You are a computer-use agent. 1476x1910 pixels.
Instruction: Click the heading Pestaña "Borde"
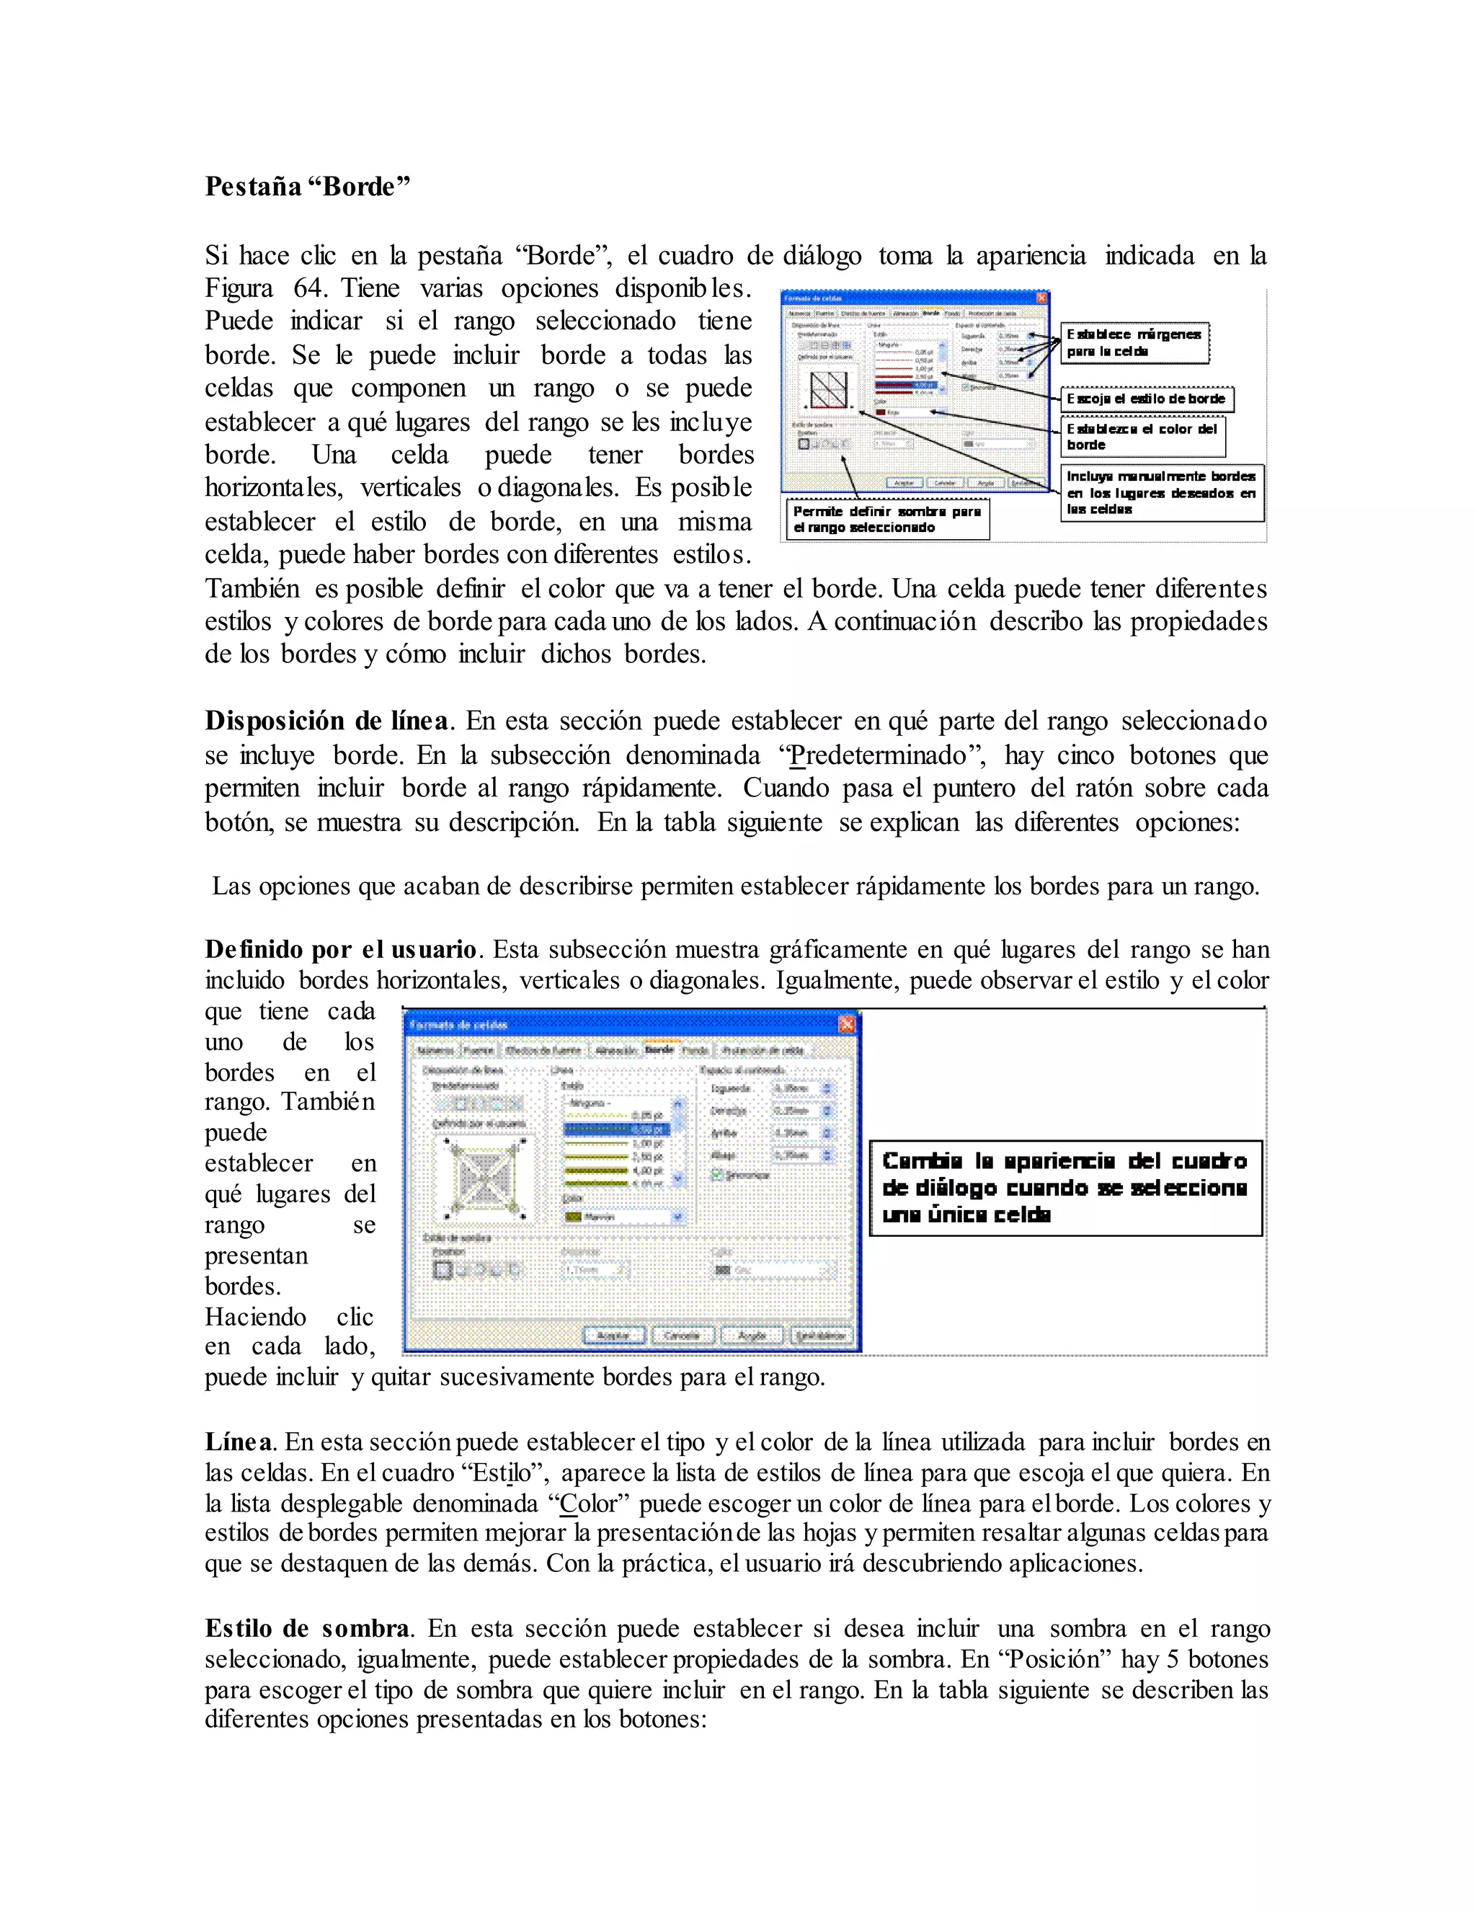coord(307,186)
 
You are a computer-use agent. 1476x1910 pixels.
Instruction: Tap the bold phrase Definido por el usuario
coord(341,950)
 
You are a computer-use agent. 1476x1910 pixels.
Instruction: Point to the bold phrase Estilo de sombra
coord(307,1628)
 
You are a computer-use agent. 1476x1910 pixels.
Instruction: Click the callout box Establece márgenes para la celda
coord(1134,343)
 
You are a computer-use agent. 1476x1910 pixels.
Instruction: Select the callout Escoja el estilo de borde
coord(1145,399)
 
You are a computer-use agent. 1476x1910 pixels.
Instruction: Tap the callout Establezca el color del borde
coord(1142,436)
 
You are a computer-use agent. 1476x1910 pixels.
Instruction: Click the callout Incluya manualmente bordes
coord(1162,492)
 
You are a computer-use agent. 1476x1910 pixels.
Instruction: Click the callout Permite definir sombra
coord(886,519)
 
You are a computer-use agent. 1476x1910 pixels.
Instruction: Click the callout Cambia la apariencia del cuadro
coord(1064,1188)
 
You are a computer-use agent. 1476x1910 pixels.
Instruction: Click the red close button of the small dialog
coord(1041,298)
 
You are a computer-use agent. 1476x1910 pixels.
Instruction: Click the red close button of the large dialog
coord(845,1024)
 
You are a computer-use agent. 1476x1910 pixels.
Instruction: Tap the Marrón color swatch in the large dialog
coord(574,1217)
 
